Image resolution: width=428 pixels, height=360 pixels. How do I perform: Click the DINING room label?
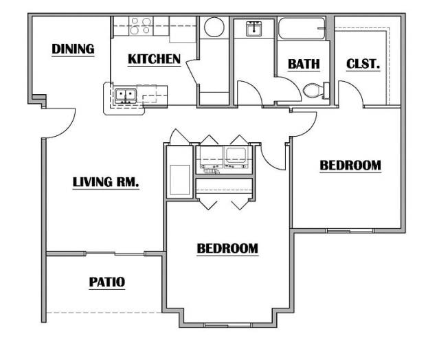pos(72,49)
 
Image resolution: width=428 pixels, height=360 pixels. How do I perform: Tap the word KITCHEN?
pos(154,59)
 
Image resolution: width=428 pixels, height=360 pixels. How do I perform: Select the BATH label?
pos(304,64)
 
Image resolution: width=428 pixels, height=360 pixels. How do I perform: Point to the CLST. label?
pos(363,64)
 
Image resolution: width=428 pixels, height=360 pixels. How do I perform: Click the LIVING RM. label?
pos(106,182)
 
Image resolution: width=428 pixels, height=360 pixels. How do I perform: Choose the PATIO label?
pos(107,282)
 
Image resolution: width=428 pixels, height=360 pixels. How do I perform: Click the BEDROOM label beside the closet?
pos(350,165)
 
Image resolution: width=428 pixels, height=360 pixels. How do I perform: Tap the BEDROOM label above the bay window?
pos(227,248)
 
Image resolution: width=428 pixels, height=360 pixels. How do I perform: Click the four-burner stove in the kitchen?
pos(141,27)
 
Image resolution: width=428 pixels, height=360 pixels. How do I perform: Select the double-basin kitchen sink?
pos(125,95)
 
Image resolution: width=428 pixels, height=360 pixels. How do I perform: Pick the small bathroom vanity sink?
pos(254,28)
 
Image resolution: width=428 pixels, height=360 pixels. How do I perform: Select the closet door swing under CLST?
pos(350,93)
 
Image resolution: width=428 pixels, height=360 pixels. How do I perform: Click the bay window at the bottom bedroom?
pos(227,324)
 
